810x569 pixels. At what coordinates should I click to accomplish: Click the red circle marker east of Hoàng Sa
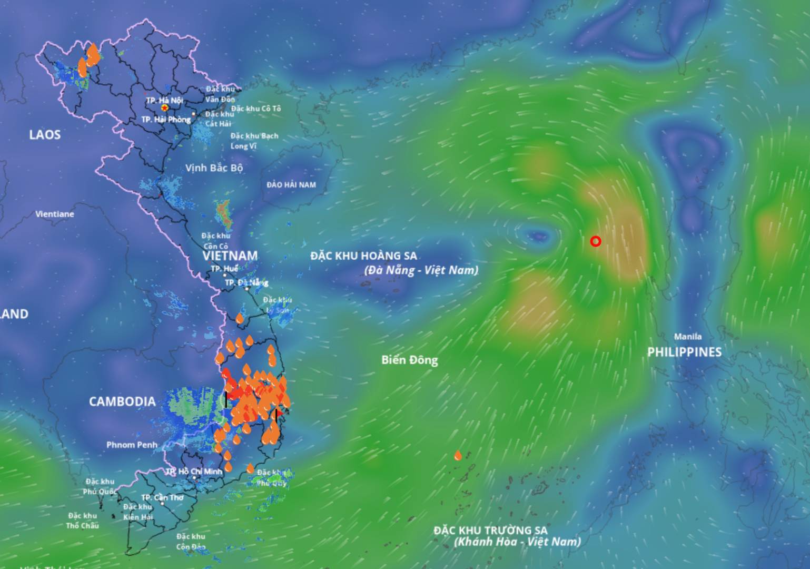596,241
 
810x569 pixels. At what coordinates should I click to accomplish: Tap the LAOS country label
45,135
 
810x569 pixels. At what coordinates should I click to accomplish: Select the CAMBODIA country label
122,401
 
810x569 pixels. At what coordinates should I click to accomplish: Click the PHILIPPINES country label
684,352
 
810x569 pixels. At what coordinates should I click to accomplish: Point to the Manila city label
688,337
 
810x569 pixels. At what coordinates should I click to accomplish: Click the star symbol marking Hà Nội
165,108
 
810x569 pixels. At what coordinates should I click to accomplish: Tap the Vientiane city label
55,214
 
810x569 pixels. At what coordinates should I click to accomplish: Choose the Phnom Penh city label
132,445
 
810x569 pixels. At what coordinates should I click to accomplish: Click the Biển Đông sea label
410,360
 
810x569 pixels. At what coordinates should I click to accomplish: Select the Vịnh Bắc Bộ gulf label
214,168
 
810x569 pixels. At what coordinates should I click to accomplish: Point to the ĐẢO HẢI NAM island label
291,185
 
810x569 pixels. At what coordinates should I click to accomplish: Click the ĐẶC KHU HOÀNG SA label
363,256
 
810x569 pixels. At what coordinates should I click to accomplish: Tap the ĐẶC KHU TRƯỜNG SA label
490,530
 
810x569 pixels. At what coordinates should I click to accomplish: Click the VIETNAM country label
230,256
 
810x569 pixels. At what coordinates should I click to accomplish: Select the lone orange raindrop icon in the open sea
458,456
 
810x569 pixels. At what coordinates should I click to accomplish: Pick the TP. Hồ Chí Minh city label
194,472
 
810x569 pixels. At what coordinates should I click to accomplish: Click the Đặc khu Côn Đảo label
191,542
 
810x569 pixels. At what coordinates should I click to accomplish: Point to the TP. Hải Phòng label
166,120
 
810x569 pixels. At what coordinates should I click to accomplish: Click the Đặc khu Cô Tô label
256,109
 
